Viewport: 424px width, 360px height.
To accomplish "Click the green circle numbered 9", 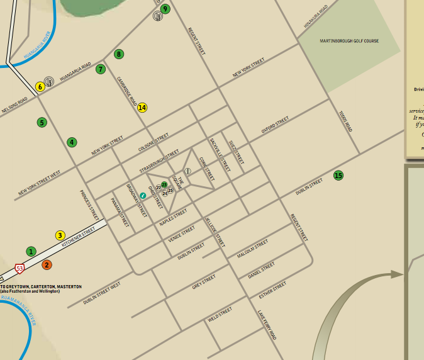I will tap(165, 9).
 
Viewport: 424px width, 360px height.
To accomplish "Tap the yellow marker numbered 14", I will tap(142, 108).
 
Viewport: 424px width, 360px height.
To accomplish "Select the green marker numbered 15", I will tap(338, 175).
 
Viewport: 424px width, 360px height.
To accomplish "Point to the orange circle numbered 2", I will tap(47, 265).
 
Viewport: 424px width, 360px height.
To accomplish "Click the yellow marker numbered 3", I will tap(60, 235).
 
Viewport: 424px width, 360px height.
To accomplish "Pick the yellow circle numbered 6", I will tap(40, 87).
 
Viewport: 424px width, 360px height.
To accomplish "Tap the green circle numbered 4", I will tap(72, 142).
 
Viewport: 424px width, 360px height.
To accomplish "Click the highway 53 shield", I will tap(20, 268).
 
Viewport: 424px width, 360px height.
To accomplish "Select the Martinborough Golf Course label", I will tap(349, 41).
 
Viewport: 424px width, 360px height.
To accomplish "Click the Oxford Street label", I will tap(275, 124).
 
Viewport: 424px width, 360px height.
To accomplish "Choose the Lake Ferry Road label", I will tap(267, 325).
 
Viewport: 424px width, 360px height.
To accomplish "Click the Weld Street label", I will tap(220, 314).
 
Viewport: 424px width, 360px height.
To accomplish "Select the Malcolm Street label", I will tap(252, 249).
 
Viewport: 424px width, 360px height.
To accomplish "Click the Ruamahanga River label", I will tap(18, 312).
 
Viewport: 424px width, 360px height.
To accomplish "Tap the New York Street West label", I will tap(39, 182).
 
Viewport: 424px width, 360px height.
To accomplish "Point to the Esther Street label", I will tap(272, 292).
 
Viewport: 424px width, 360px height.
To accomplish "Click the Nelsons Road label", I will tap(14, 105).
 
